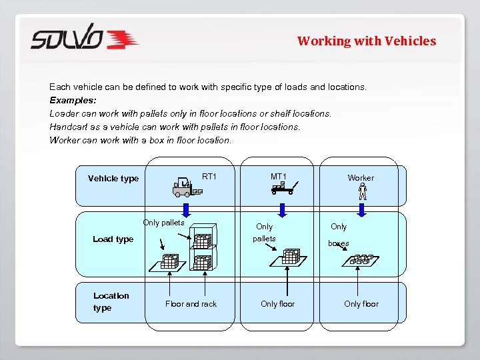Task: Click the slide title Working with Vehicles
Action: coord(366,41)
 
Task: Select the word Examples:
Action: coord(73,100)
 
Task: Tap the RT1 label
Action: coord(209,177)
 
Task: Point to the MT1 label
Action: coord(279,177)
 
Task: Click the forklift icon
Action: coord(185,187)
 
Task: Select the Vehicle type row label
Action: coord(113,179)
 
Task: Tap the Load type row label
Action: coord(113,239)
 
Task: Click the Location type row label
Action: coord(111,301)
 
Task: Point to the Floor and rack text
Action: coord(191,304)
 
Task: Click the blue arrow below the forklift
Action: coord(186,209)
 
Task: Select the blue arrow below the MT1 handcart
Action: coord(283,209)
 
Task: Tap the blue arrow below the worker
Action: coord(363,209)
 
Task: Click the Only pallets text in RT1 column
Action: coord(163,223)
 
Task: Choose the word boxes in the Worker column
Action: coord(338,243)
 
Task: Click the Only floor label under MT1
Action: coord(277,304)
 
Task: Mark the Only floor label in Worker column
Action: coord(361,304)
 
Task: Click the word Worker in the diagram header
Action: coord(361,178)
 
